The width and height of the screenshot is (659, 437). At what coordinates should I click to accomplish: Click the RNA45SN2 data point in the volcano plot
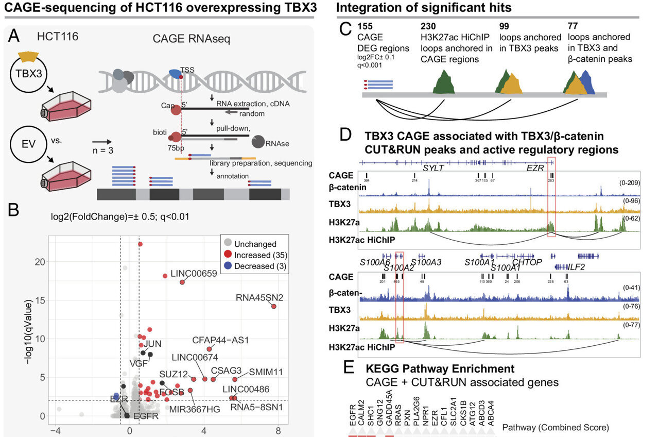[x=273, y=307]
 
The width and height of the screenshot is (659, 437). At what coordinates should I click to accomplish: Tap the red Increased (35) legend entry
[x=254, y=255]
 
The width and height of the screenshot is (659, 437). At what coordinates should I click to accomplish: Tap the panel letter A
[x=15, y=37]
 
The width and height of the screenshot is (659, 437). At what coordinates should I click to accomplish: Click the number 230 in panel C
[x=428, y=26]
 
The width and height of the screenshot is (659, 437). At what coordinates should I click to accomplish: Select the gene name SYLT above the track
[x=433, y=168]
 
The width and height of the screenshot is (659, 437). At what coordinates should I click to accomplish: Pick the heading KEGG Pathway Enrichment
[x=440, y=369]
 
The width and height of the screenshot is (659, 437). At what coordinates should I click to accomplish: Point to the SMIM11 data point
[x=235, y=379]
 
